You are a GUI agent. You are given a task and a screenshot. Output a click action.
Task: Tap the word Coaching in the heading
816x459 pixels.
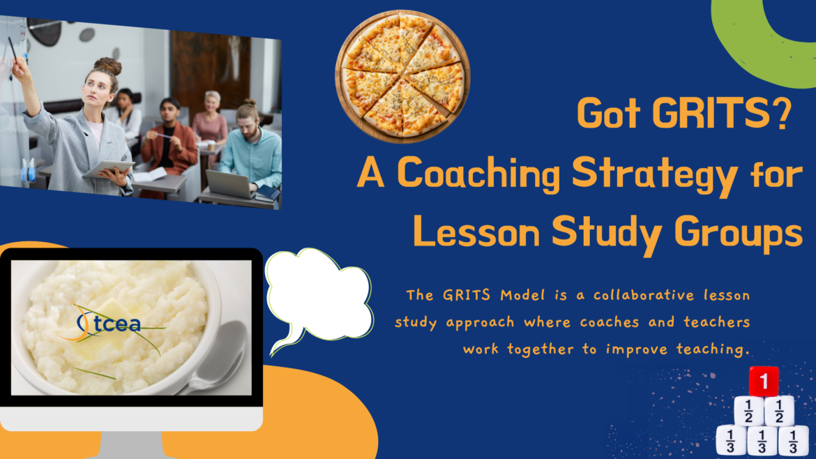pyautogui.click(x=478, y=173)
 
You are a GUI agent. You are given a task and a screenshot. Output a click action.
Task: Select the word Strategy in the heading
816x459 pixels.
pyautogui.click(x=655, y=175)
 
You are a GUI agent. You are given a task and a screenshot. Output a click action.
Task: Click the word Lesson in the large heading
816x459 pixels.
pyautogui.click(x=476, y=232)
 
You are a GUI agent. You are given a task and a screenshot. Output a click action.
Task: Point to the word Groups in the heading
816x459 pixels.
pyautogui.click(x=739, y=234)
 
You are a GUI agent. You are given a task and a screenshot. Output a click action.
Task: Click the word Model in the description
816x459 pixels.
pyautogui.click(x=522, y=295)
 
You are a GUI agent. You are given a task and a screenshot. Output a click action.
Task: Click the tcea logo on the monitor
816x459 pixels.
pyautogui.click(x=109, y=324)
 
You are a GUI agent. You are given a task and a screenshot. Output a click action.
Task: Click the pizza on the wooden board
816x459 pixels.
pyautogui.click(x=402, y=76)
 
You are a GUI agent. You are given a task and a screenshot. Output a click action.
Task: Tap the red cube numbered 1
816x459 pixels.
pyautogui.click(x=764, y=382)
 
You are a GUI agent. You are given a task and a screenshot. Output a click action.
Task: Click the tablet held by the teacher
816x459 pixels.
pyautogui.click(x=109, y=169)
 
